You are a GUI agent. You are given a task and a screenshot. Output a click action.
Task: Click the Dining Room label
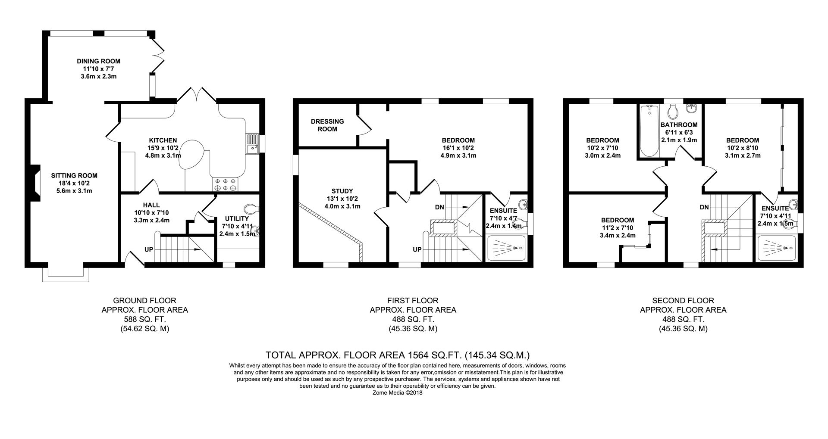[98, 61]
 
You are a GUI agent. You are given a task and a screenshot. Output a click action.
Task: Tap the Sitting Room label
[74, 176]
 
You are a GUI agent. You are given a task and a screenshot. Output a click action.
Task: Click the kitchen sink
[252, 143]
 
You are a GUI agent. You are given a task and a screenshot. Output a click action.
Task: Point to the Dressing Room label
[327, 125]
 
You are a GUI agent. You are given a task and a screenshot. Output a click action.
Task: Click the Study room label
[342, 191]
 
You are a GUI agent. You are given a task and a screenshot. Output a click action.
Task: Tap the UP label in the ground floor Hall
[149, 249]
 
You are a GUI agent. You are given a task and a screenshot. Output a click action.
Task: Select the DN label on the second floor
[704, 207]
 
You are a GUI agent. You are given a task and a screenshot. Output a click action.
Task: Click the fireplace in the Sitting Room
[35, 184]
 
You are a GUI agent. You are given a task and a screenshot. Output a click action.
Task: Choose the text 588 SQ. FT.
[145, 319]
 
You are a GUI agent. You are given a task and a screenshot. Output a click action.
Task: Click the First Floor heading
[413, 301]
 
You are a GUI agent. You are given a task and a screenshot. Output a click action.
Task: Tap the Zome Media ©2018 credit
[397, 392]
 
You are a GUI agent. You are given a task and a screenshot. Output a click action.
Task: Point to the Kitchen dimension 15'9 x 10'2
[163, 148]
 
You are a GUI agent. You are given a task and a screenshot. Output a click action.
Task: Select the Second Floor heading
[683, 301]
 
